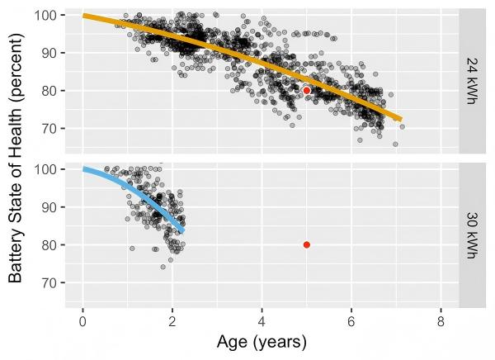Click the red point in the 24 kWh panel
point(306,90)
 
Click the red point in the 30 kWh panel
point(306,244)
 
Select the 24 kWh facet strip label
point(470,79)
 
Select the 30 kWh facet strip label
point(470,234)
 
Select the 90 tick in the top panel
point(49,53)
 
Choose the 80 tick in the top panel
point(49,91)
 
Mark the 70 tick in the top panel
point(49,128)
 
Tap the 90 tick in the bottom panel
point(49,207)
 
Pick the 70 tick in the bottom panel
point(49,282)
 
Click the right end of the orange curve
point(400,119)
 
